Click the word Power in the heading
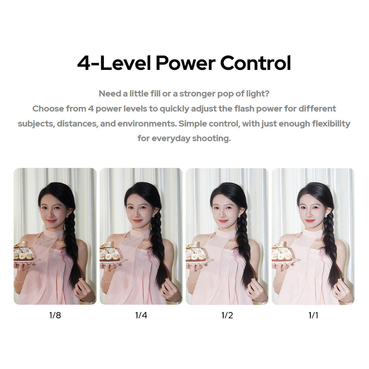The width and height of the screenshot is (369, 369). click(x=186, y=63)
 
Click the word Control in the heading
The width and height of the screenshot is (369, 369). click(x=255, y=63)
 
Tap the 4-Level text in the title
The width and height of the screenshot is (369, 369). click(x=114, y=63)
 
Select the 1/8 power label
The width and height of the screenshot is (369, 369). click(x=55, y=315)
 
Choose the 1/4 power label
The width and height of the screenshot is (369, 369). click(x=141, y=315)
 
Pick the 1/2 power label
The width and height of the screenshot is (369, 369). click(x=227, y=315)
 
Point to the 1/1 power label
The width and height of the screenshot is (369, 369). click(x=313, y=315)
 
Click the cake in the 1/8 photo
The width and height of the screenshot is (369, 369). click(x=23, y=252)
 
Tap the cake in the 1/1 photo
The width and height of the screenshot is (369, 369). click(x=282, y=252)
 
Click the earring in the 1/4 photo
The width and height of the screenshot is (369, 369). click(x=154, y=216)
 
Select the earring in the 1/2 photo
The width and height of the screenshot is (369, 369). click(x=239, y=216)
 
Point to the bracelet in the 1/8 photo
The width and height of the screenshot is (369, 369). click(x=19, y=280)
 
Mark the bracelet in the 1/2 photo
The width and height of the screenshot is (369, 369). click(x=192, y=280)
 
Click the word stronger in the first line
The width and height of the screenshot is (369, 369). click(x=197, y=94)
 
